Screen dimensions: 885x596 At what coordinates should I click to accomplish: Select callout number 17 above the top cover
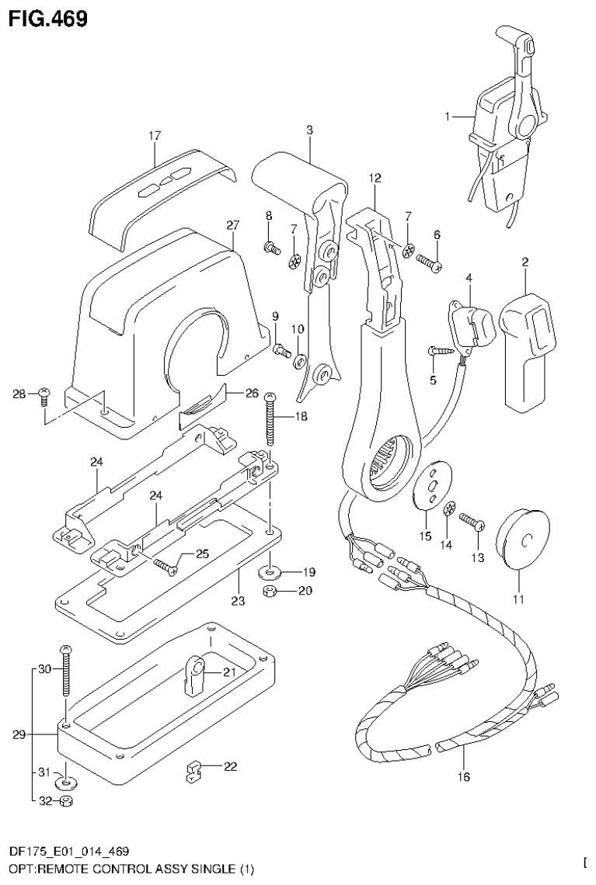154,136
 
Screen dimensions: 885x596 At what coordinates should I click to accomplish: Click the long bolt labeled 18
270,420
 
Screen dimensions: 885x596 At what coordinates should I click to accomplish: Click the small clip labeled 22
193,772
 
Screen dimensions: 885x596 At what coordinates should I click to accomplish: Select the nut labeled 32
67,801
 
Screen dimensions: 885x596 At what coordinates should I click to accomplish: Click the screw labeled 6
429,262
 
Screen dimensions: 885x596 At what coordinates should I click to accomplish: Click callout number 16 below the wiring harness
465,775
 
